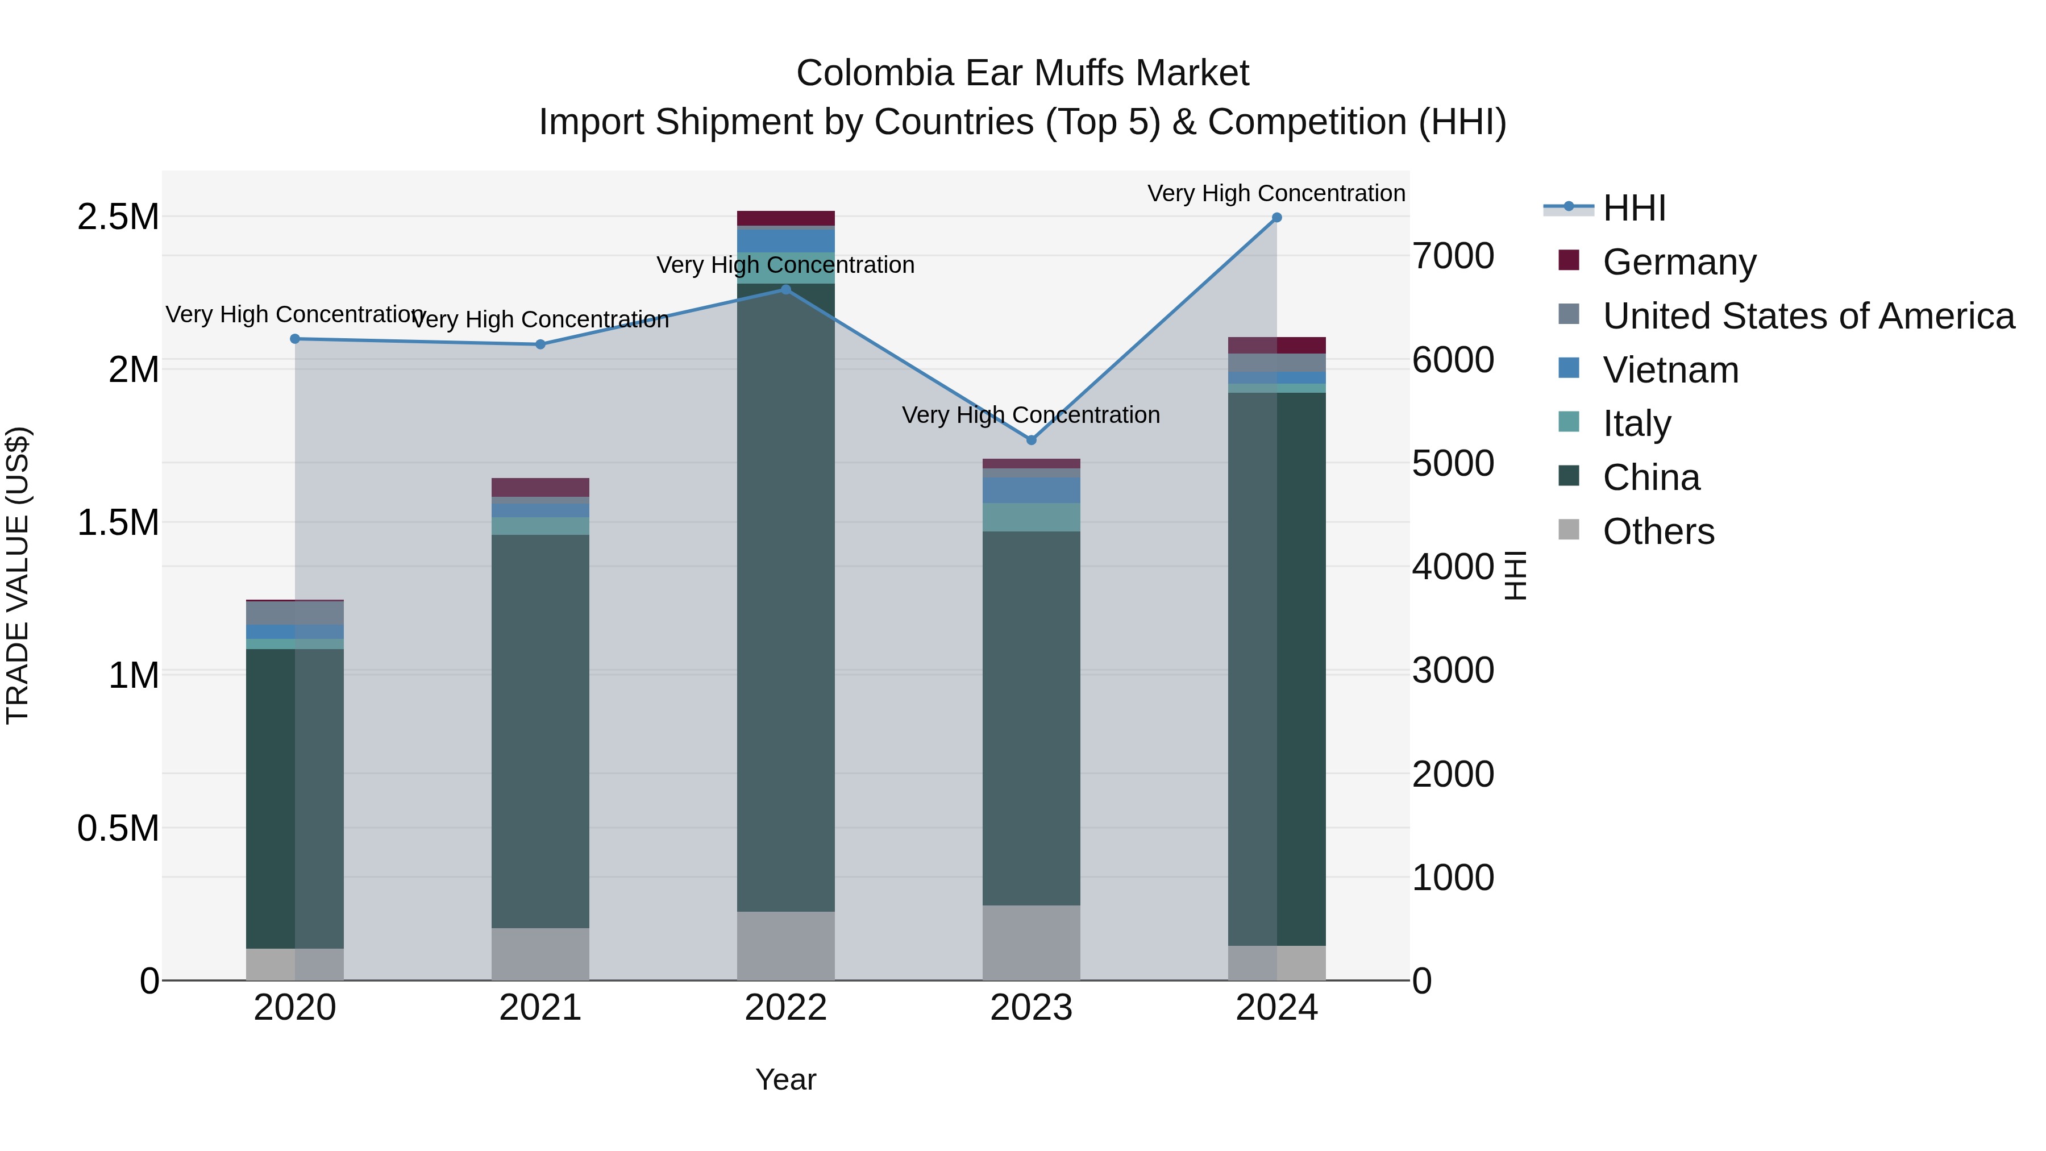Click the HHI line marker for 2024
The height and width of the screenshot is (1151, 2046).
pyautogui.click(x=1276, y=218)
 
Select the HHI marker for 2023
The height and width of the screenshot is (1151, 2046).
pyautogui.click(x=1031, y=440)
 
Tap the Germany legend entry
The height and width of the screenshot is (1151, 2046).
pyautogui.click(x=1678, y=262)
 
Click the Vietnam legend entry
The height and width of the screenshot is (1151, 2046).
pyautogui.click(x=1670, y=370)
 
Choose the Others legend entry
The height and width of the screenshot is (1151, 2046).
pyautogui.click(x=1658, y=531)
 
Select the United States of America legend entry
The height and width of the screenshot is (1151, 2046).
pyautogui.click(x=1808, y=316)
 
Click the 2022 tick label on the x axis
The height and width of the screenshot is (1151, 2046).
pyautogui.click(x=785, y=1008)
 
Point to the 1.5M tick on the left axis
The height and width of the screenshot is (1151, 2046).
pyautogui.click(x=118, y=523)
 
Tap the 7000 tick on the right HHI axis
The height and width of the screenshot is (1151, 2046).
pyautogui.click(x=1453, y=256)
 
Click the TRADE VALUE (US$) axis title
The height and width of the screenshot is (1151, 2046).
pyautogui.click(x=18, y=575)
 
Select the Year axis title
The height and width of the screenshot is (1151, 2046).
pyautogui.click(x=785, y=1079)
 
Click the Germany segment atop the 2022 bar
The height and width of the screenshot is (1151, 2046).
pyautogui.click(x=785, y=218)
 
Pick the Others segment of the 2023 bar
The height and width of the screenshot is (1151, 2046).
pyautogui.click(x=1031, y=943)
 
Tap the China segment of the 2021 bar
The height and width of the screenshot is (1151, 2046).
pyautogui.click(x=540, y=731)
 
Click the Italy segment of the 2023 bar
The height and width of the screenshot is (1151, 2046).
pyautogui.click(x=1031, y=517)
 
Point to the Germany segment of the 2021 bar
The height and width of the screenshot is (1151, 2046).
pyautogui.click(x=540, y=487)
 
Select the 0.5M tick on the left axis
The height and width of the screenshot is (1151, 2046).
pyautogui.click(x=118, y=829)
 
